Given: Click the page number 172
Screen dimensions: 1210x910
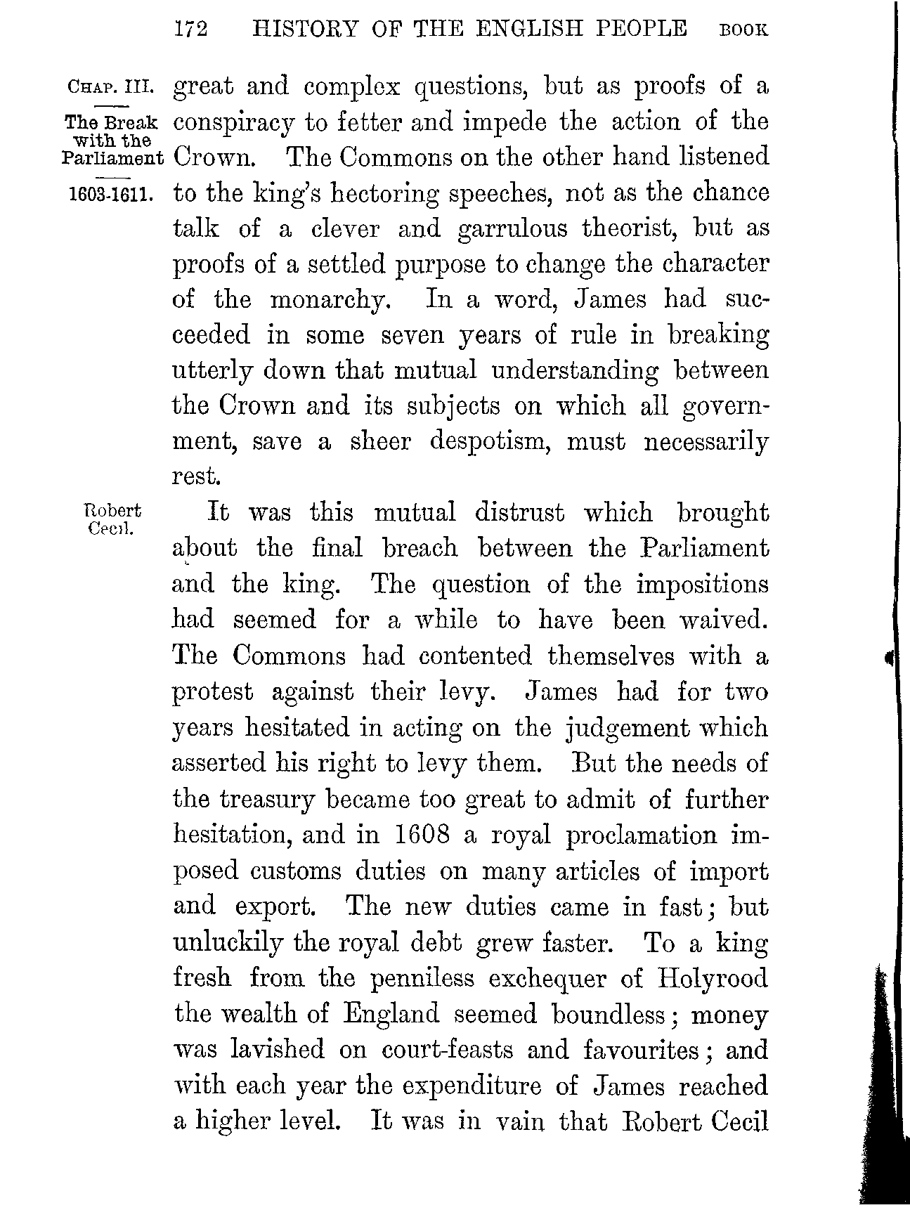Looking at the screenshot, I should pos(192,30).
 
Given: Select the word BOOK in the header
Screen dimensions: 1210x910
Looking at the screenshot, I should pos(743,31).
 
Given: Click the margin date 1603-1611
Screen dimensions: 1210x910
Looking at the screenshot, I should pos(113,194).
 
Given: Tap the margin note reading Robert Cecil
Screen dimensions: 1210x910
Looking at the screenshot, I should pos(112,519).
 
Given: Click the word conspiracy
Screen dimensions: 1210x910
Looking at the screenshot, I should pos(235,123).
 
